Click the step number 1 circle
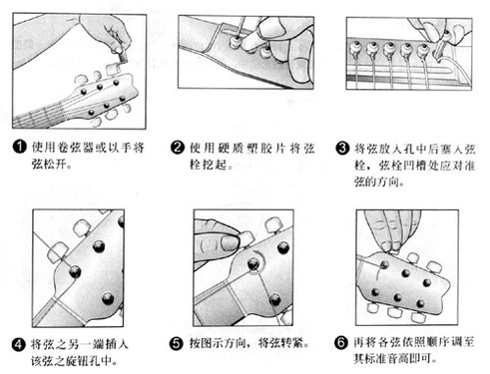point(19,147)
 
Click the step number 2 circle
point(178,147)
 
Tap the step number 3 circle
point(342,148)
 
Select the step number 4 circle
point(19,344)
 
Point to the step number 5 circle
point(177,344)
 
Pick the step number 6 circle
point(341,343)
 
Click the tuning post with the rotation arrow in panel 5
point(253,264)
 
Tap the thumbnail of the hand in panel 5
point(230,242)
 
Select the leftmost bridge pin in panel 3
point(355,49)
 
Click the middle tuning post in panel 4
point(75,272)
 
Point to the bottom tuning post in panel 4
point(108,298)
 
